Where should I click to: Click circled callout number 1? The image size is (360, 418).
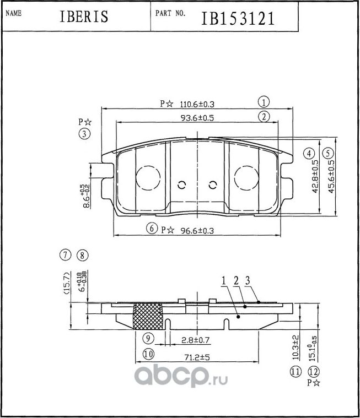[x=264, y=101]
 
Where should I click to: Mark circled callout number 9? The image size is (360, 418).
[x=147, y=338]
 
